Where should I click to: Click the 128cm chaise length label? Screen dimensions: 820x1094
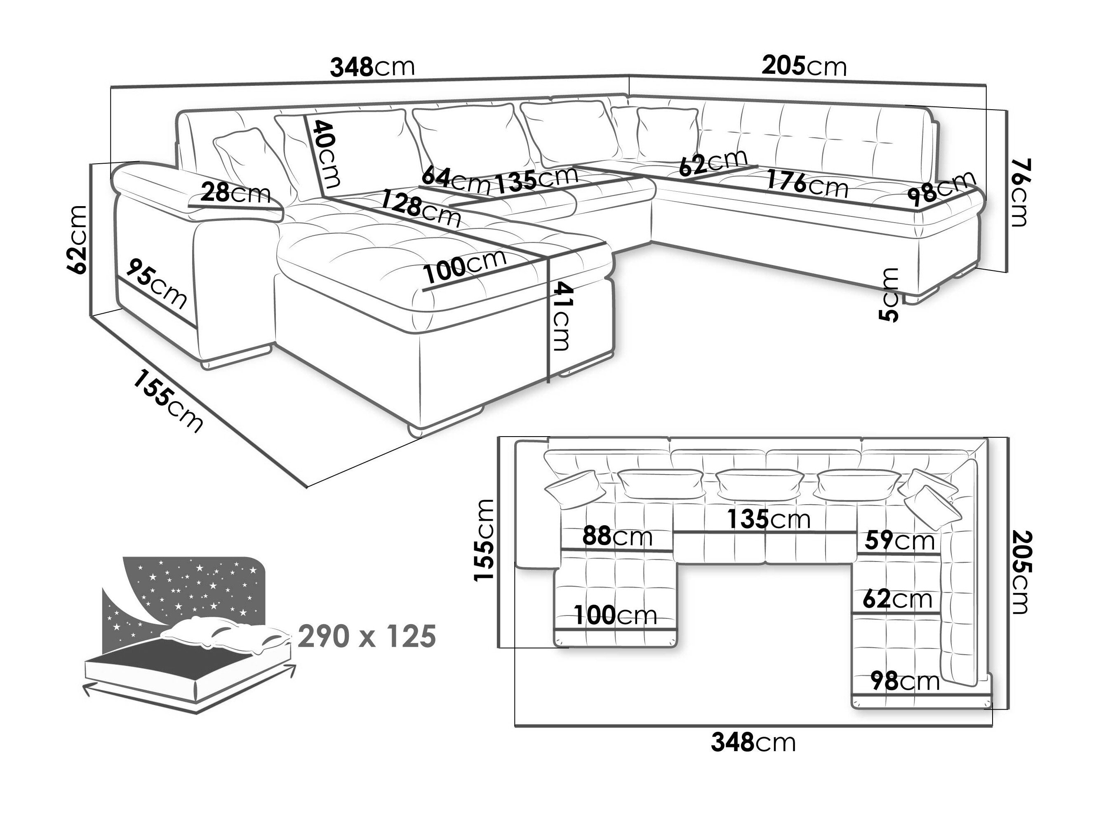coord(420,210)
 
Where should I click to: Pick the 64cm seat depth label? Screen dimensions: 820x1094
coord(455,180)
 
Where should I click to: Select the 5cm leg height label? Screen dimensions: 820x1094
coord(890,295)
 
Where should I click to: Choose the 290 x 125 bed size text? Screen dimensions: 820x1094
coord(367,636)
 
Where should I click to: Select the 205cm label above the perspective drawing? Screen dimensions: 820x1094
coord(804,66)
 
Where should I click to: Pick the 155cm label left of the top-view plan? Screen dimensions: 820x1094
coord(483,540)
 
